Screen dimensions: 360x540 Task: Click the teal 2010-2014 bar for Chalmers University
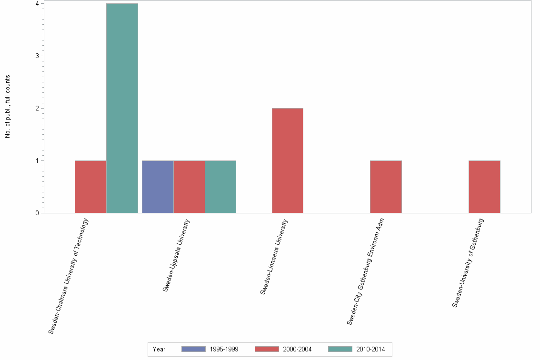(x=122, y=108)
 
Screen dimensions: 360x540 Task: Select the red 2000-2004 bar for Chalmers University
(x=90, y=187)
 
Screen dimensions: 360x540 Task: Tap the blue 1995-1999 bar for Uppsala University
(x=158, y=187)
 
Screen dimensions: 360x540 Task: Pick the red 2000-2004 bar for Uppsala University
(x=189, y=187)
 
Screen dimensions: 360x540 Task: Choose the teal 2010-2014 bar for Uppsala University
(x=220, y=187)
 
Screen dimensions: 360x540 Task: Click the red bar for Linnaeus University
(x=287, y=160)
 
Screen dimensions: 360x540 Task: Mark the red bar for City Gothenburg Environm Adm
(x=386, y=187)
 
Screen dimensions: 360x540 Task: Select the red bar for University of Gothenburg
(x=484, y=187)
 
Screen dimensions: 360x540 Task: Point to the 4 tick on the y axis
(x=37, y=4)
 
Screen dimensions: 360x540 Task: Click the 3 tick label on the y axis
(x=37, y=56)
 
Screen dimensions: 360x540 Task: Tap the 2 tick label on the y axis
(x=37, y=109)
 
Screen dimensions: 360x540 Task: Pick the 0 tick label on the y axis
(x=37, y=213)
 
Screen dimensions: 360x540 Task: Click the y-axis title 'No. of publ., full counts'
(x=8, y=107)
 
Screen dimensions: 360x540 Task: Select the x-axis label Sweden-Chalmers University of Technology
(x=69, y=275)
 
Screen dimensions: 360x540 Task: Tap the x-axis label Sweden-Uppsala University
(x=176, y=255)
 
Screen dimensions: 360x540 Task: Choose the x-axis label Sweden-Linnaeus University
(x=274, y=256)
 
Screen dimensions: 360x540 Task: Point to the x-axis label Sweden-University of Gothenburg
(x=468, y=262)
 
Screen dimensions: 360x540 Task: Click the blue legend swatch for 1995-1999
(x=193, y=350)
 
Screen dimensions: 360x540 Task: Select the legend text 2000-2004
(x=297, y=350)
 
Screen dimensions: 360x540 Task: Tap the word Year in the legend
(x=159, y=350)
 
